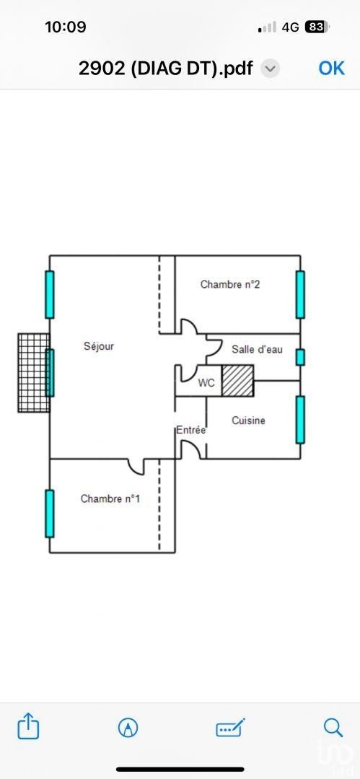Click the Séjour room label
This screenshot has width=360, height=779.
(98, 346)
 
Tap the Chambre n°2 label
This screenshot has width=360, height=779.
(230, 285)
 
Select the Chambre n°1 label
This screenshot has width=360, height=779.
(110, 499)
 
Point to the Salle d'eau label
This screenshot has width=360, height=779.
(257, 349)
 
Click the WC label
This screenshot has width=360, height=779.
(206, 383)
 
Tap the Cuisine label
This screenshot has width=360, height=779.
(249, 421)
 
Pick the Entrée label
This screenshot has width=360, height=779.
(191, 431)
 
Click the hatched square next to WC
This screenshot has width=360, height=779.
(237, 381)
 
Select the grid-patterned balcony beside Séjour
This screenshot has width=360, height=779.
(34, 373)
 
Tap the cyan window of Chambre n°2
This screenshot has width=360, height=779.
(300, 294)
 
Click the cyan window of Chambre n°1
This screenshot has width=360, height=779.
(50, 514)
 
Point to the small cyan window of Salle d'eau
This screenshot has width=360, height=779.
(300, 357)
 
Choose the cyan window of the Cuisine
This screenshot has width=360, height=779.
(300, 420)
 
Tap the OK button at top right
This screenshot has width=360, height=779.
(332, 68)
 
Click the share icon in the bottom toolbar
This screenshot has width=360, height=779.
(28, 727)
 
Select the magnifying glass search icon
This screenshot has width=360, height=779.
(333, 728)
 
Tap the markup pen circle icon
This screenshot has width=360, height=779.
(128, 729)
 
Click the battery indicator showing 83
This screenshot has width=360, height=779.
(315, 27)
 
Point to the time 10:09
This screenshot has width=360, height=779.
(66, 27)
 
